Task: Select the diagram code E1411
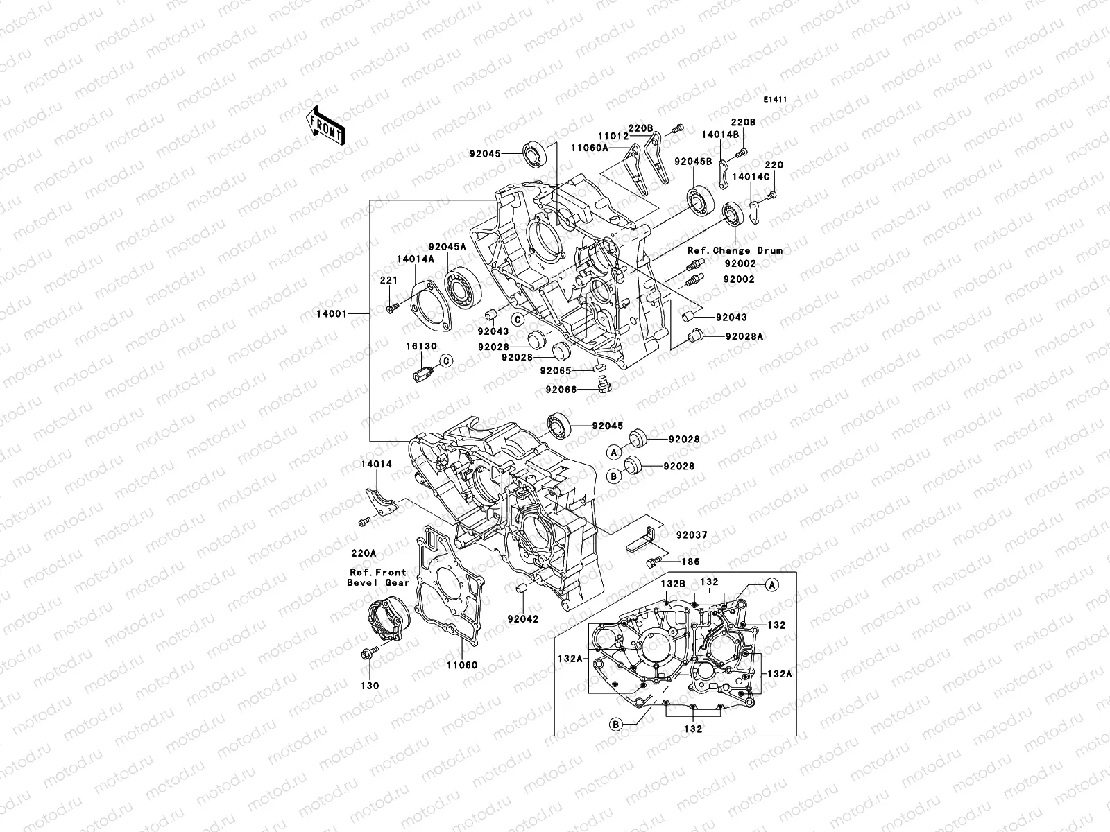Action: (776, 100)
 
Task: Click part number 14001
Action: (332, 315)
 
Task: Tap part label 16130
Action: (421, 345)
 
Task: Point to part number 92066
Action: (561, 390)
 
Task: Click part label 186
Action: (691, 562)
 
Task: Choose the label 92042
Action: (523, 618)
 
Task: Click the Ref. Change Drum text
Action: (735, 250)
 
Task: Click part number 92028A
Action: (744, 336)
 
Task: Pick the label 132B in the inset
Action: (672, 584)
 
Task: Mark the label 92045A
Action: (447, 246)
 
